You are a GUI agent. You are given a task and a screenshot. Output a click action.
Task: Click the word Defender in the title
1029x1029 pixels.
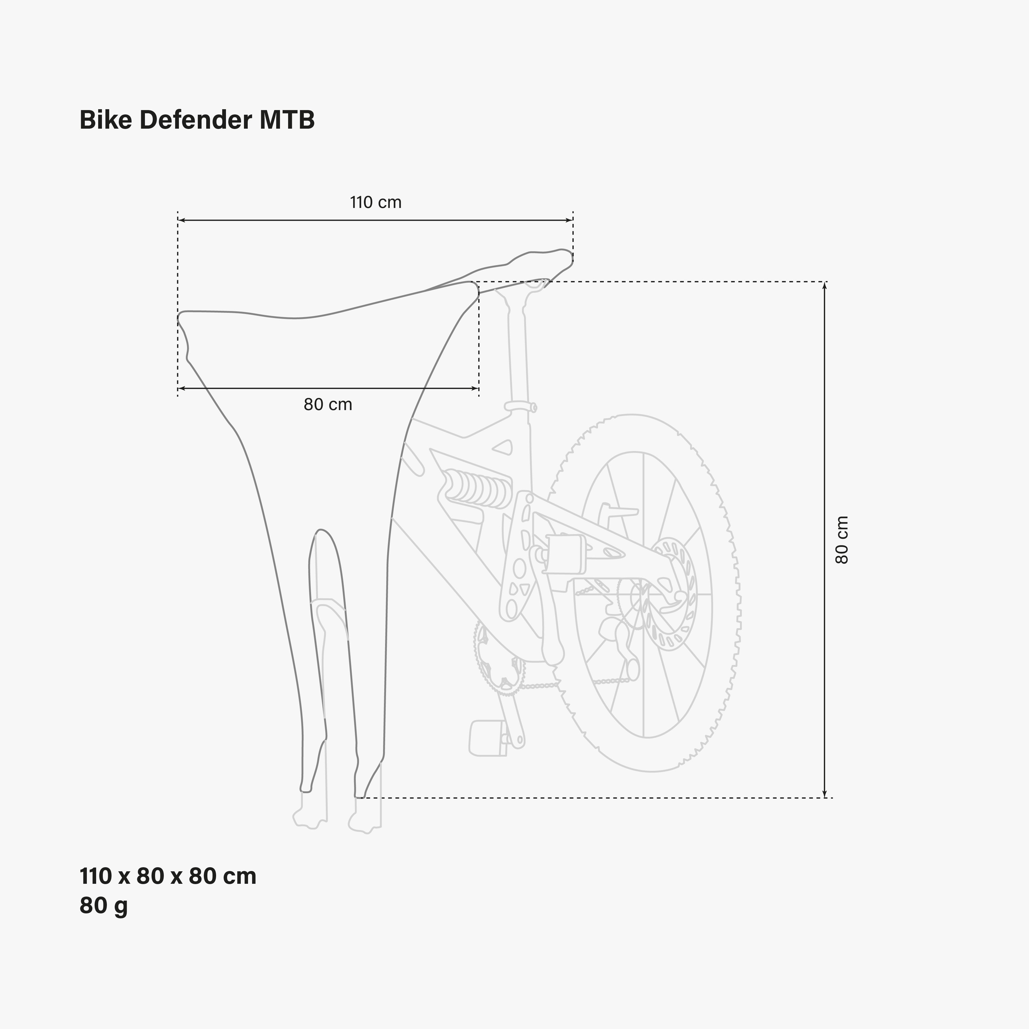(195, 120)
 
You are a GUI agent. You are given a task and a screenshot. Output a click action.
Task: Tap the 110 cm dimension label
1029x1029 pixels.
(376, 202)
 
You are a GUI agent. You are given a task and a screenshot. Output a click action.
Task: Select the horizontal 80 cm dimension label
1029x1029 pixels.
(328, 404)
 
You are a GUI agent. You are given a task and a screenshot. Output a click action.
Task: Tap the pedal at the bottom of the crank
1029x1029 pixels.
(487, 738)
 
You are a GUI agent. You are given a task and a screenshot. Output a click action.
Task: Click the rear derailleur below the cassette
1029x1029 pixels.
(620, 647)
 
